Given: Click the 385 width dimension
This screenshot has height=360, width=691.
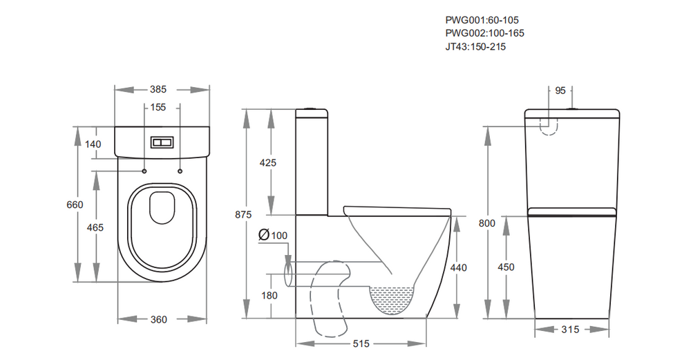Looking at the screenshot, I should click(159, 89).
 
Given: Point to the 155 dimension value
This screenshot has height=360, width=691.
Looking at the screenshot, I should click(159, 108).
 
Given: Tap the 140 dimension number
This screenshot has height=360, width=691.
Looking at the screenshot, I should click(93, 144).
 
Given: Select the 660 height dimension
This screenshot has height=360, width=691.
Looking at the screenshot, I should click(75, 205).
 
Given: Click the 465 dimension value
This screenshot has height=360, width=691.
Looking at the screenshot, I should click(95, 228).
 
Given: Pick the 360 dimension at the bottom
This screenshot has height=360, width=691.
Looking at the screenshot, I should click(159, 320).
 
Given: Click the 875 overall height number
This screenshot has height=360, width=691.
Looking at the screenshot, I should click(243, 214).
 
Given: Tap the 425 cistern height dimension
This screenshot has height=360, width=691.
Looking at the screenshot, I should click(267, 163).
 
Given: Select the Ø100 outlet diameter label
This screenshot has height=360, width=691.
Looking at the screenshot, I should click(273, 236).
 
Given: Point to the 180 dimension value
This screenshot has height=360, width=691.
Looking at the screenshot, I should click(269, 296).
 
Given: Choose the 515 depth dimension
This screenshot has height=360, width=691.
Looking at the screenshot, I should click(362, 343).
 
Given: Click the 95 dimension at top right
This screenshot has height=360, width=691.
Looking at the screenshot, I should click(560, 91).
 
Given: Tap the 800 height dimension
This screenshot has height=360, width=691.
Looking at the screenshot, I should click(488, 222).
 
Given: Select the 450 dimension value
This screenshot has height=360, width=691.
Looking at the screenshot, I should click(507, 267).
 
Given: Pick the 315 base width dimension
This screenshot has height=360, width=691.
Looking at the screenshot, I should click(569, 330).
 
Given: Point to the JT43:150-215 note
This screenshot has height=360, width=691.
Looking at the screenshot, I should click(477, 46).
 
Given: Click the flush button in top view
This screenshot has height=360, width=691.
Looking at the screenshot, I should click(161, 142).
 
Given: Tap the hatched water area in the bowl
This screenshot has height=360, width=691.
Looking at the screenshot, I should click(392, 299).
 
